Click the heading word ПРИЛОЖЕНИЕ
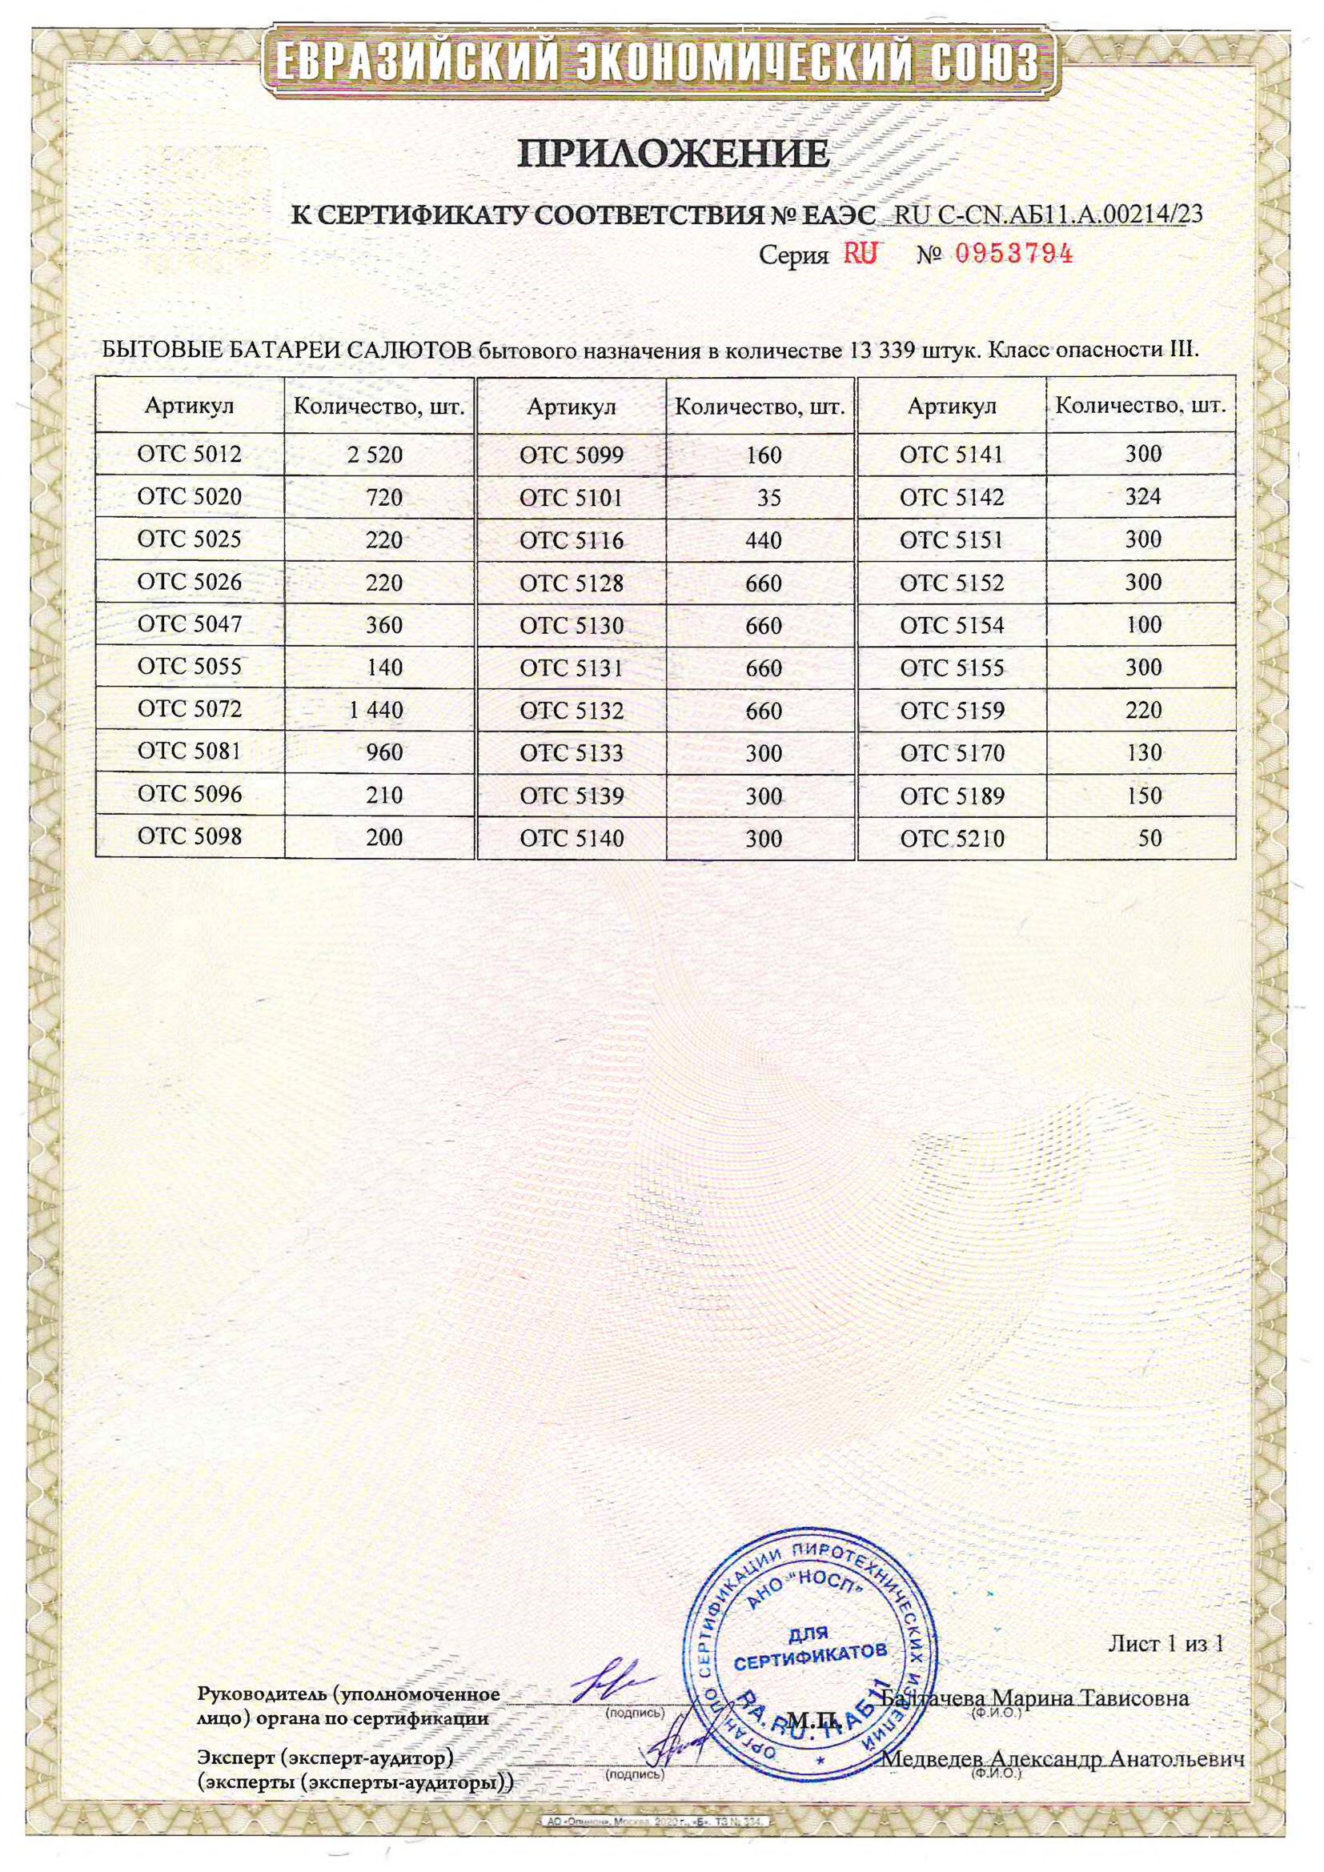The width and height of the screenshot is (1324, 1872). tap(674, 153)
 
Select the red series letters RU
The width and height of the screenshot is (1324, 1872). tap(860, 255)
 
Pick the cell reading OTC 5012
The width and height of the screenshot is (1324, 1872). tap(189, 454)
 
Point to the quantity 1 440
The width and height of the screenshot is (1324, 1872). tap(376, 710)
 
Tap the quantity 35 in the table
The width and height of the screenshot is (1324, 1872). tap(768, 497)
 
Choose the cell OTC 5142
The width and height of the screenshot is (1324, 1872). tap(952, 497)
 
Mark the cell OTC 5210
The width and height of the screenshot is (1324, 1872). tap(952, 838)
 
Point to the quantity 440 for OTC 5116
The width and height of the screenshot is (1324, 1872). tap(763, 539)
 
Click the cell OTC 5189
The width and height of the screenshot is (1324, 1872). tap(952, 796)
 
